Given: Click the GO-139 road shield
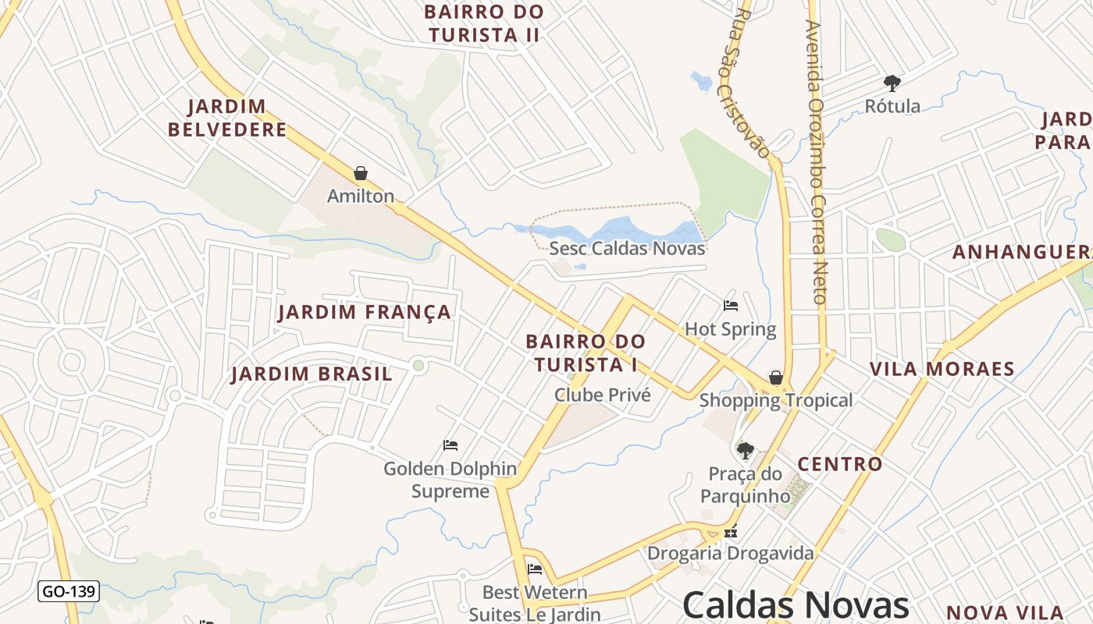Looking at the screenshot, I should coord(69,591).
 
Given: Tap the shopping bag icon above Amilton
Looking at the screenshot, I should coord(361,173).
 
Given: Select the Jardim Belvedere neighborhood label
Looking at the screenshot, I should coord(227,118).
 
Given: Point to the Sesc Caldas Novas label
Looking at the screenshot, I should coord(627,249).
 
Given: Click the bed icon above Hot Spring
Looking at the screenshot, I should coord(731,306).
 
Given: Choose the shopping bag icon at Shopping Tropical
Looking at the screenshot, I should coord(776,378).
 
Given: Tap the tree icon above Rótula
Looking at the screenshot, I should coord(892,83).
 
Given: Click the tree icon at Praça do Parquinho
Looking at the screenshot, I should coord(746,451).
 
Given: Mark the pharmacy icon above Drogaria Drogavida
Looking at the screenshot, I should coord(731,532).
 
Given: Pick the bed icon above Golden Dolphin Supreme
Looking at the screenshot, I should coord(450,445).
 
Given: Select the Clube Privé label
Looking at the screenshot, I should coord(602,395).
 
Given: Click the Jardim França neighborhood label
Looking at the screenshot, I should coord(365,313).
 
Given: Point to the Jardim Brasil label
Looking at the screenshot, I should coord(312,374).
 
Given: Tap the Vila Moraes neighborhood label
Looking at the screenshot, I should coord(942,369).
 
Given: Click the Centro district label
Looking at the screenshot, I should coord(839,465).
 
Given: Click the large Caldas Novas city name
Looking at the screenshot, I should coord(796,605).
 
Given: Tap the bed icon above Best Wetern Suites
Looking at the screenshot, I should coord(535,569).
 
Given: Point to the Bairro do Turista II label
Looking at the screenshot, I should coord(484,23).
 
